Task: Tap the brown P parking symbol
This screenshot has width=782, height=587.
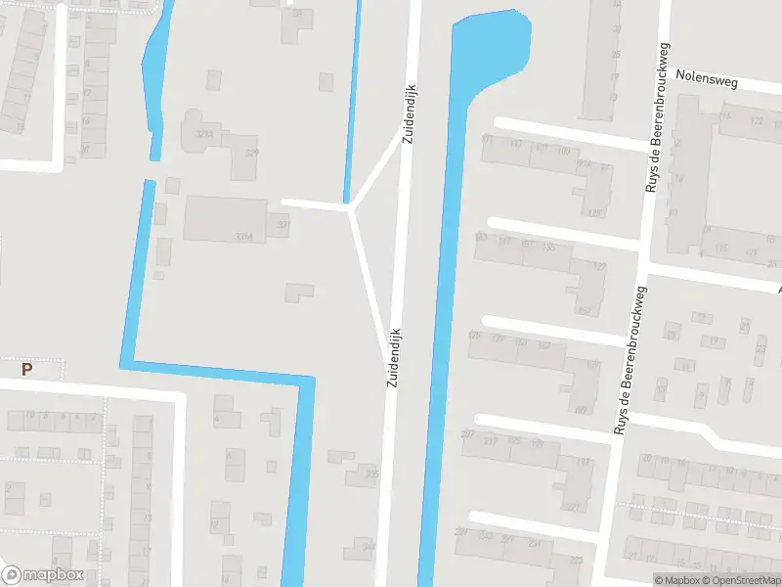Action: [27, 370]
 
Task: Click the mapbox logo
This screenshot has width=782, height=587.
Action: [43, 575]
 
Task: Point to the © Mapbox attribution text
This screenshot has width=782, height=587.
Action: [675, 580]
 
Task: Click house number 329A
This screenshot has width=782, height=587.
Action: [204, 134]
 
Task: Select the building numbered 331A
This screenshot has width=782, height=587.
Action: [244, 236]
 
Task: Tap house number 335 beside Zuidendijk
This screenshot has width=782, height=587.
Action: [371, 474]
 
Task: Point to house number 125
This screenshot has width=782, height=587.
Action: [599, 266]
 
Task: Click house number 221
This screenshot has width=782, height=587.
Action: [573, 507]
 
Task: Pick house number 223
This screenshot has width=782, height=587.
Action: [576, 560]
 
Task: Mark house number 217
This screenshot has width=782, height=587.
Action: [491, 440]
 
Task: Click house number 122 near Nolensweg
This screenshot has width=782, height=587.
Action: [756, 121]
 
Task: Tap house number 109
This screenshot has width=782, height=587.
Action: [564, 151]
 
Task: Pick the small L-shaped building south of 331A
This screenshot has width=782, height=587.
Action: [298, 292]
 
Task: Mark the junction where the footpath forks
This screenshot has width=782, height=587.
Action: [351, 207]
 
